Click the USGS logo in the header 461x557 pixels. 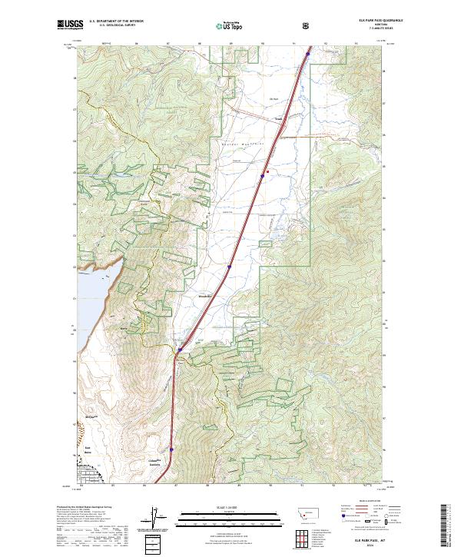click(x=71, y=25)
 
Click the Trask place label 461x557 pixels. click(x=280, y=118)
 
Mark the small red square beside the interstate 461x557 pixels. click(x=267, y=171)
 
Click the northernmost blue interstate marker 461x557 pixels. click(x=308, y=54)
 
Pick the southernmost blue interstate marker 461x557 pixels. click(x=171, y=450)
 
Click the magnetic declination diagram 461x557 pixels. click(x=153, y=519)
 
